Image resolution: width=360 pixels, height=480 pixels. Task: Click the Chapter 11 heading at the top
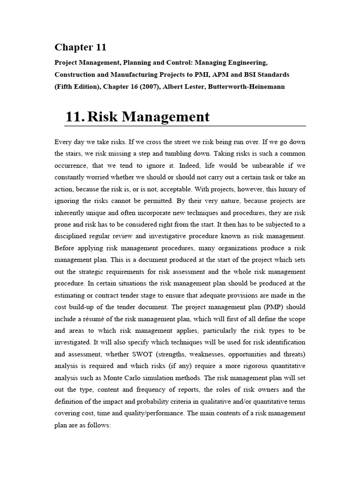pyautogui.click(x=80, y=47)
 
